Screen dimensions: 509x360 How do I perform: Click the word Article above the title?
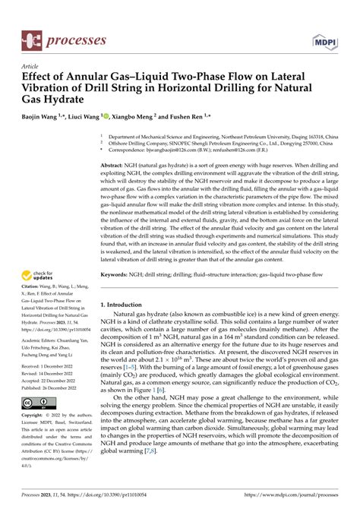31,66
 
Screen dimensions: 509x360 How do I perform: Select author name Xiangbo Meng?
146,118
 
